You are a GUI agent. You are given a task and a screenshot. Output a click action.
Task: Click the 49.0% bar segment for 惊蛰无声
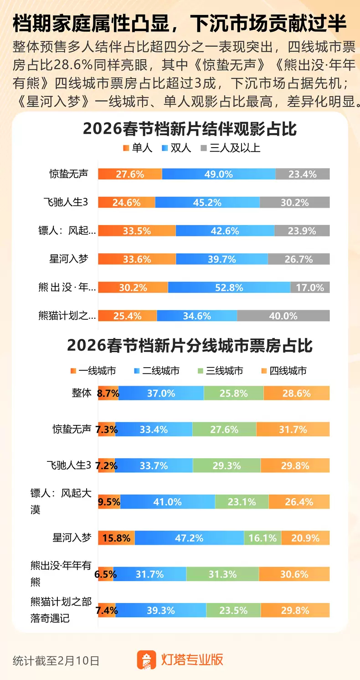[218, 174]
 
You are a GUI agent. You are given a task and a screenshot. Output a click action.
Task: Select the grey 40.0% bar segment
[283, 316]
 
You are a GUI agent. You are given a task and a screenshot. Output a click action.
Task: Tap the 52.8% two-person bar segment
[229, 287]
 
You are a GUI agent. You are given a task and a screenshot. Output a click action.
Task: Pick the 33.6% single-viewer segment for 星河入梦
[137, 259]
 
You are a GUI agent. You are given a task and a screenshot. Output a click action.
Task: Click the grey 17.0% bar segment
[310, 287]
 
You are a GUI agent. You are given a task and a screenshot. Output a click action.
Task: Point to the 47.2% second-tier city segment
[189, 538]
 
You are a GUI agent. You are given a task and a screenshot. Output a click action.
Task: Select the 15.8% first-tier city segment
[117, 538]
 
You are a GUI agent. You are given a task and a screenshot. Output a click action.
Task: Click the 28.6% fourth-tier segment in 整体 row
[296, 393]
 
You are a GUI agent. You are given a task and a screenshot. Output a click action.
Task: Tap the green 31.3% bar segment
[222, 574]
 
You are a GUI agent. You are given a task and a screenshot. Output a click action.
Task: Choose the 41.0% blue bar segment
[167, 502]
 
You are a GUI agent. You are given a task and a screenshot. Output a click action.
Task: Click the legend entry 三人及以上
[230, 148]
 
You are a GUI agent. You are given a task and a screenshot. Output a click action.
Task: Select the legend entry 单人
[138, 148]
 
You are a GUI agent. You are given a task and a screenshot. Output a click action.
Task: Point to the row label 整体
[82, 393]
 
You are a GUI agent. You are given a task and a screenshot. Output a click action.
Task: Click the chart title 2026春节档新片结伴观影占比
[190, 129]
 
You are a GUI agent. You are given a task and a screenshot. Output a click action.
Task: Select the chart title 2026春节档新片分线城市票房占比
[190, 346]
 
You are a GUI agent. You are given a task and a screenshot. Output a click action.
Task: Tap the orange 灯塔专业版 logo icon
[146, 660]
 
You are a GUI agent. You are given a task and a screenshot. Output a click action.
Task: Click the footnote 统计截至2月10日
[56, 660]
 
